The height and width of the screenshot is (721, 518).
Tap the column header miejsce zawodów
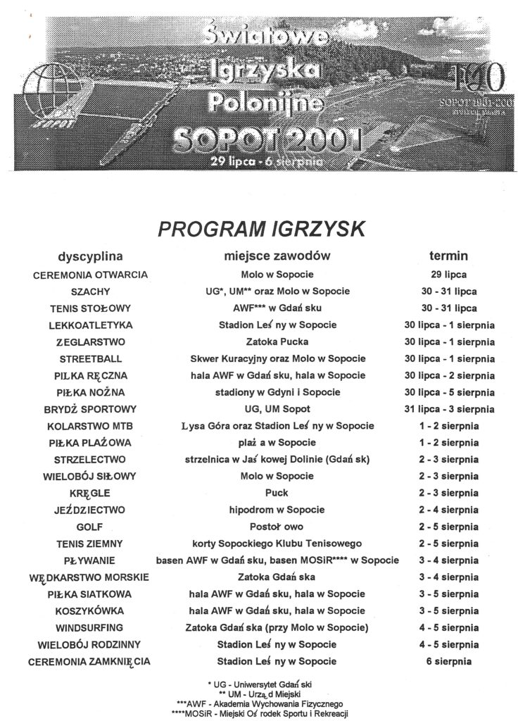click(276, 256)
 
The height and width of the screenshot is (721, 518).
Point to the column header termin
click(448, 256)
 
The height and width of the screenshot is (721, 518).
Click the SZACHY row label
click(90, 291)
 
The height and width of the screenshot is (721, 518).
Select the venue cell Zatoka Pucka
click(277, 341)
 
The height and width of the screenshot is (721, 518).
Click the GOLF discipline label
click(90, 526)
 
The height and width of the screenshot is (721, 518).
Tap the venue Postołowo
click(277, 526)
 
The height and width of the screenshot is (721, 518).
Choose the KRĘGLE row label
click(90, 493)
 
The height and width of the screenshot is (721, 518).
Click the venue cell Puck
click(277, 493)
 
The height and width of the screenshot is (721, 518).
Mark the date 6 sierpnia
click(448, 661)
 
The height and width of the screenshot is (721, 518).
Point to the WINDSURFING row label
click(90, 627)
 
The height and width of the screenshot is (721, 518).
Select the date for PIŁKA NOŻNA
click(448, 391)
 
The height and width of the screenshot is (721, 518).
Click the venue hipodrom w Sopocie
click(277, 509)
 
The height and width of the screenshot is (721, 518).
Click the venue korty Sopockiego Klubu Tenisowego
click(277, 543)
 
